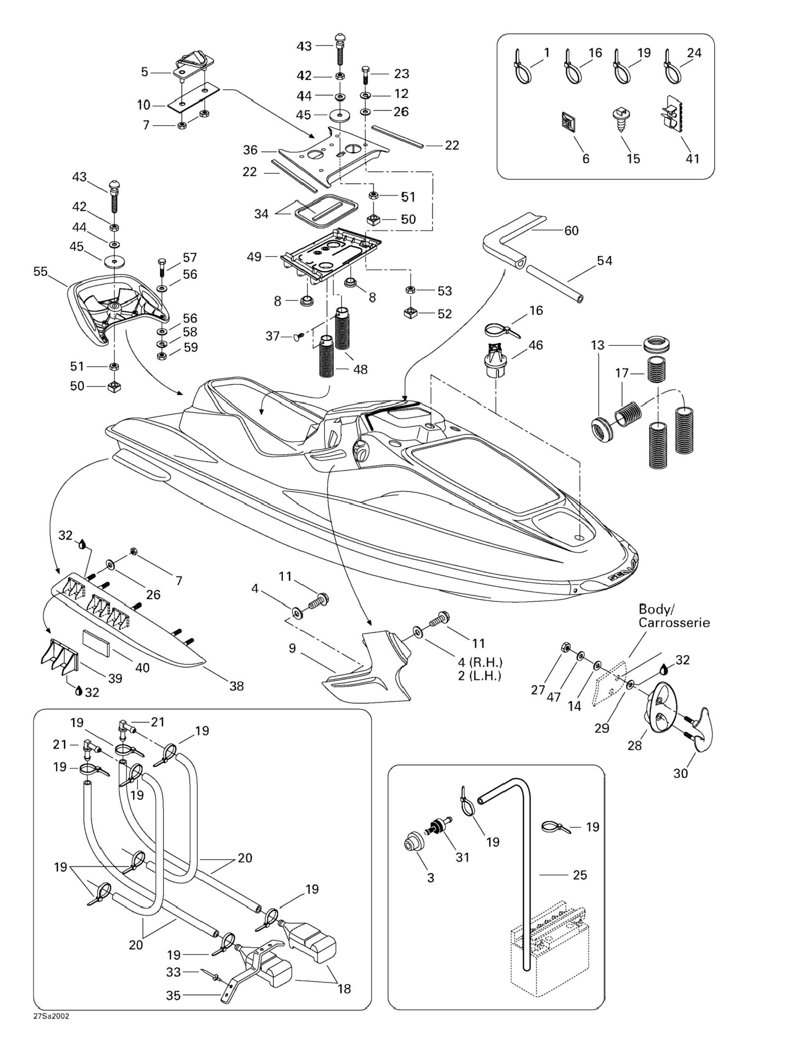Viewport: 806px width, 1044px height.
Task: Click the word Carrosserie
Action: tap(674, 623)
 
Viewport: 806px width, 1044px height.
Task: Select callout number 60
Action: tap(571, 231)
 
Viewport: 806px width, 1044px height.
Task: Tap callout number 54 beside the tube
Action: tap(604, 261)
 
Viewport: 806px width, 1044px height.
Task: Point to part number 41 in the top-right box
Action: tap(692, 159)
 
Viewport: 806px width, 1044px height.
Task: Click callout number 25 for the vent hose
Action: tap(580, 875)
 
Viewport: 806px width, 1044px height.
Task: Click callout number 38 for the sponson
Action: tap(236, 686)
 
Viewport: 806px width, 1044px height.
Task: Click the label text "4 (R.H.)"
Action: tap(480, 663)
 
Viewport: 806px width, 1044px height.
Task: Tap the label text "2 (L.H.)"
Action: tap(480, 676)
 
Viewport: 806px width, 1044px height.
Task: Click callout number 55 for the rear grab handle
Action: tap(41, 272)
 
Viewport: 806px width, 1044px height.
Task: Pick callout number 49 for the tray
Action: tap(254, 257)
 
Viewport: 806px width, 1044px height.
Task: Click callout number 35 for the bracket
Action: tap(173, 995)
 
